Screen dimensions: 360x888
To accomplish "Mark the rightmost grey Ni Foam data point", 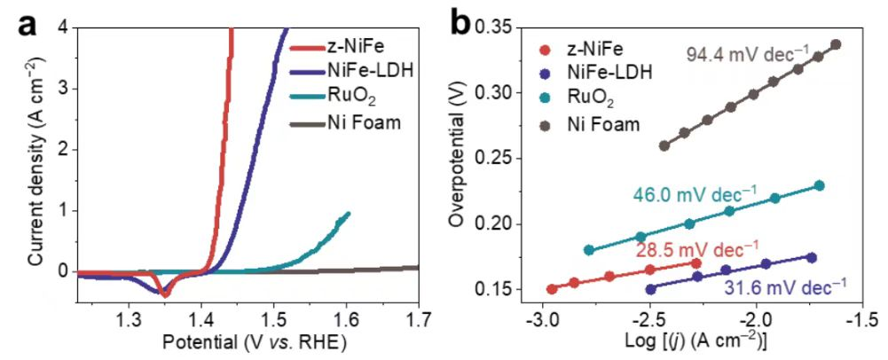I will point(836,43).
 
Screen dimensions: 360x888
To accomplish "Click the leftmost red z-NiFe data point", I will point(552,289).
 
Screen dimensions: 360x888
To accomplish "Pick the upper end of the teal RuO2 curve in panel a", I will point(348,214).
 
